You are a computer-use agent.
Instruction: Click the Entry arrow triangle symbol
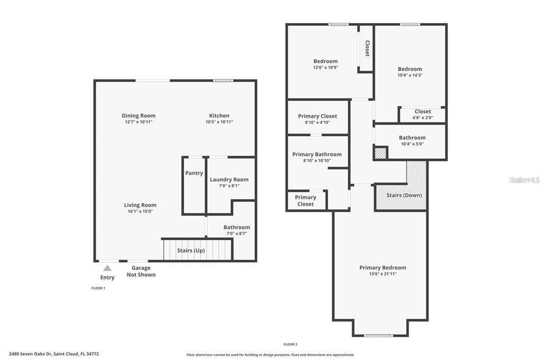[x=107, y=268]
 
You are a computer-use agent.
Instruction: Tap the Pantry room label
[x=194, y=173]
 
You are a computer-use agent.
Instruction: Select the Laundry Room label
[x=229, y=179]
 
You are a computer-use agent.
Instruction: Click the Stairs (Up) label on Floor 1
[x=191, y=250]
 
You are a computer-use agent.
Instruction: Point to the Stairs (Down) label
[x=404, y=195]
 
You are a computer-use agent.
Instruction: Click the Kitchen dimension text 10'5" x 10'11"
[x=219, y=122]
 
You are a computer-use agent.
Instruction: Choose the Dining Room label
[x=138, y=116]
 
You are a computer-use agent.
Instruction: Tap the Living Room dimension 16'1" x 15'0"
[x=140, y=211]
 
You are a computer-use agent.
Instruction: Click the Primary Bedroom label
[x=383, y=268]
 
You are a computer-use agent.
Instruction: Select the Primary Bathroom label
[x=317, y=154]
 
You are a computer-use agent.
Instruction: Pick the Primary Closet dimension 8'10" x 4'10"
[x=317, y=122]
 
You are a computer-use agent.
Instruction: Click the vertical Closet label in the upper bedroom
[x=367, y=49]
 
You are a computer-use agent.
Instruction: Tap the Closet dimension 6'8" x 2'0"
[x=423, y=118]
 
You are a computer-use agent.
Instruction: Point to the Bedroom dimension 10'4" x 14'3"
[x=410, y=75]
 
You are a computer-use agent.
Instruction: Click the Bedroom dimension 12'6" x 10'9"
[x=325, y=68]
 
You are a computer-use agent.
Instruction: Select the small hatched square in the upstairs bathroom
[x=380, y=154]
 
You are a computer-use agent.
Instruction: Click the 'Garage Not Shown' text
[x=141, y=271]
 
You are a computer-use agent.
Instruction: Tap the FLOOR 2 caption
[x=290, y=344]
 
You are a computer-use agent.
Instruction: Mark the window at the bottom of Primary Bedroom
[x=379, y=336]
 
